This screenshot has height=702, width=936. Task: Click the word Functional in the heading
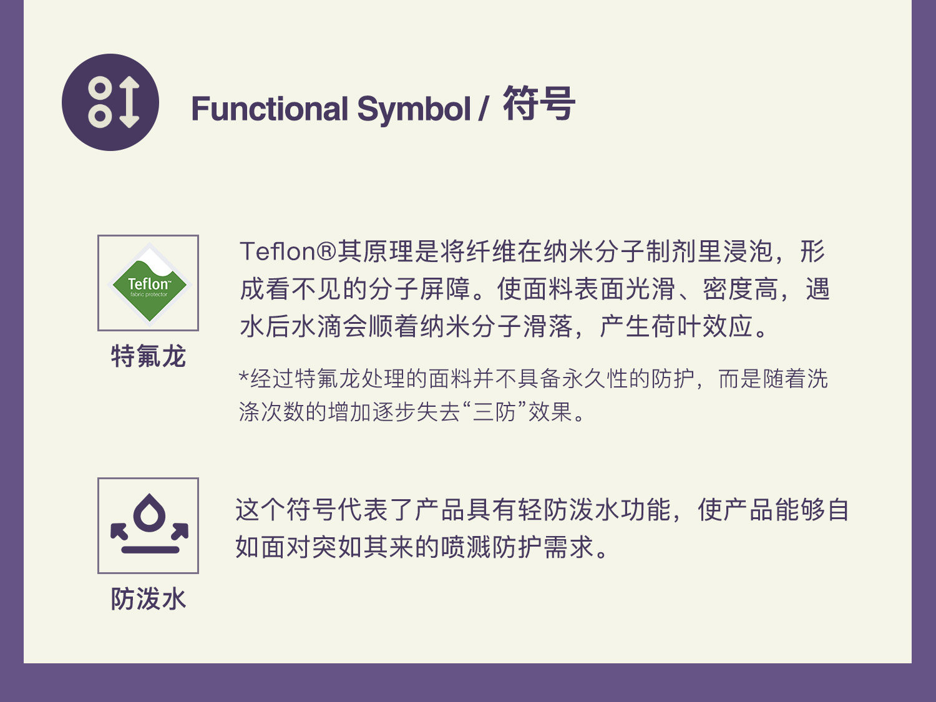point(270,108)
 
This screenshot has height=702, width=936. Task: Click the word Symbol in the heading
point(414,110)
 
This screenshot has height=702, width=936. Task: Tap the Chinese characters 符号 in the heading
point(539,104)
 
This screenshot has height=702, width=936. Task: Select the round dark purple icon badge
point(110,102)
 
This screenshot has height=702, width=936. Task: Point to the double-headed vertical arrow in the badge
point(129,102)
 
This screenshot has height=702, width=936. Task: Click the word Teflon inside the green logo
point(149,283)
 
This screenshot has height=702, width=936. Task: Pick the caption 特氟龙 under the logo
point(149,356)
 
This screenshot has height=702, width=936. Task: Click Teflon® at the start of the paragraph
point(288,251)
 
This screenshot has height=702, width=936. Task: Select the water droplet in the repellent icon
point(149,512)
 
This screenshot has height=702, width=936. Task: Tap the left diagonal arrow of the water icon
point(119,530)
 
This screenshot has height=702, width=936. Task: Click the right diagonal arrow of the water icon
point(180,530)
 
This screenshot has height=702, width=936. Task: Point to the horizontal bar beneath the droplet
point(150,549)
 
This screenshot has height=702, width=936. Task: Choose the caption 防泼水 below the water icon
point(149,599)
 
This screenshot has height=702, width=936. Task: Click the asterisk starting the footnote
point(243,376)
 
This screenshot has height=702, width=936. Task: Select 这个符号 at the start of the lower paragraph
point(285,509)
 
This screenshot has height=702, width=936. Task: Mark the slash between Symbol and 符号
point(483,109)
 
